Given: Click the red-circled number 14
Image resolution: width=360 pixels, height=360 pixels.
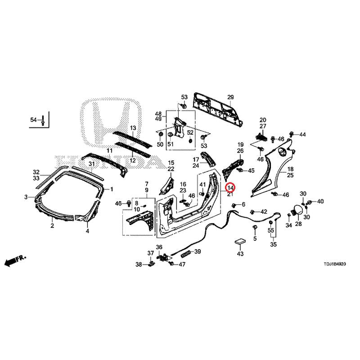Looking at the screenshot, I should pos(230,187).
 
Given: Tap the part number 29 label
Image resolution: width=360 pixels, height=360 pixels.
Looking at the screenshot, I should pos(230,98).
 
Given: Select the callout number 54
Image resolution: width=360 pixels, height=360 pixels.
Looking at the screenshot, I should pos(33,120).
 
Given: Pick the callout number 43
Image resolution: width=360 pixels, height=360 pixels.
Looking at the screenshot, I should pos(240,254).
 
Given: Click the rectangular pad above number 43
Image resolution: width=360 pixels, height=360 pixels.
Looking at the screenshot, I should pos(240,242).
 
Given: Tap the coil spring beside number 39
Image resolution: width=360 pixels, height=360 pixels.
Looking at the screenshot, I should pos(185,254).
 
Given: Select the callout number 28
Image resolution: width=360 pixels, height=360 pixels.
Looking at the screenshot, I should pos(298,224).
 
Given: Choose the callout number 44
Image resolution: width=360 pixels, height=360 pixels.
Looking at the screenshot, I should pos(302,135).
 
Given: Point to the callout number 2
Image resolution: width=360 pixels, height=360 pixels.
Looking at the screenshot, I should pos(52,226).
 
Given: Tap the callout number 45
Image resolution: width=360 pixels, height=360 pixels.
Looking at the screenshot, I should pos(251,171).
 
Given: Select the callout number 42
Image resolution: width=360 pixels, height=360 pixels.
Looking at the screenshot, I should pos(264,211).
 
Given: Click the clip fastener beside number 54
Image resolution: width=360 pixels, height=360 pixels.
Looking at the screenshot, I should pos(42,120).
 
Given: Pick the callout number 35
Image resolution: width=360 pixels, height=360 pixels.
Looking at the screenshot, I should pos(273,245).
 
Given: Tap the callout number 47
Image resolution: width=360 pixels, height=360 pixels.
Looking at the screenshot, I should pos(182,264).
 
